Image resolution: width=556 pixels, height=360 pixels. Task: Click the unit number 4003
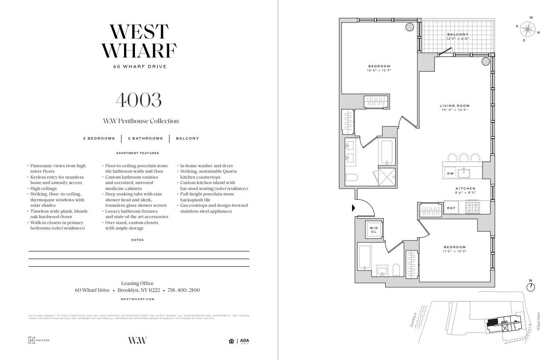[x=139, y=100]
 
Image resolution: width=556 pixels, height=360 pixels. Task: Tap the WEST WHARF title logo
[x=139, y=41]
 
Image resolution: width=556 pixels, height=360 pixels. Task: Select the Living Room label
[x=454, y=108]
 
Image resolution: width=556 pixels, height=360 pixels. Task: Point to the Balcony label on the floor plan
[x=457, y=36]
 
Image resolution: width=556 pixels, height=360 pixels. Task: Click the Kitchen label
[x=465, y=190]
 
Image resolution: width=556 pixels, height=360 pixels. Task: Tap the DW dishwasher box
[x=451, y=174]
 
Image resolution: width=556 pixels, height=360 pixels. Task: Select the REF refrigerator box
[x=451, y=208]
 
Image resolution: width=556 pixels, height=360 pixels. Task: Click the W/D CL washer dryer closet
[x=374, y=229]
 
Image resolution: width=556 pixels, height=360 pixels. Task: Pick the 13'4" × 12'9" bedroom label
[x=379, y=68]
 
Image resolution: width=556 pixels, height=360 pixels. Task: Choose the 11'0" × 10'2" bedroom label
[x=455, y=249]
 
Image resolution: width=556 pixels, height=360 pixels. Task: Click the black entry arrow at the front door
[x=354, y=208]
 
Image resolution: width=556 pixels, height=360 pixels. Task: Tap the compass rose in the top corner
[x=527, y=30]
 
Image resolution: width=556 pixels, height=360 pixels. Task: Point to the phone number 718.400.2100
[x=184, y=290]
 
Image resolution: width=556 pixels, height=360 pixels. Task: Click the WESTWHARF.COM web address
[x=139, y=299]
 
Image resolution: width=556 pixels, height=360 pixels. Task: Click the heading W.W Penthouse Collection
[x=141, y=121]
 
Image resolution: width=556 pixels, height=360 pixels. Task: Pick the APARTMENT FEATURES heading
[x=138, y=153]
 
